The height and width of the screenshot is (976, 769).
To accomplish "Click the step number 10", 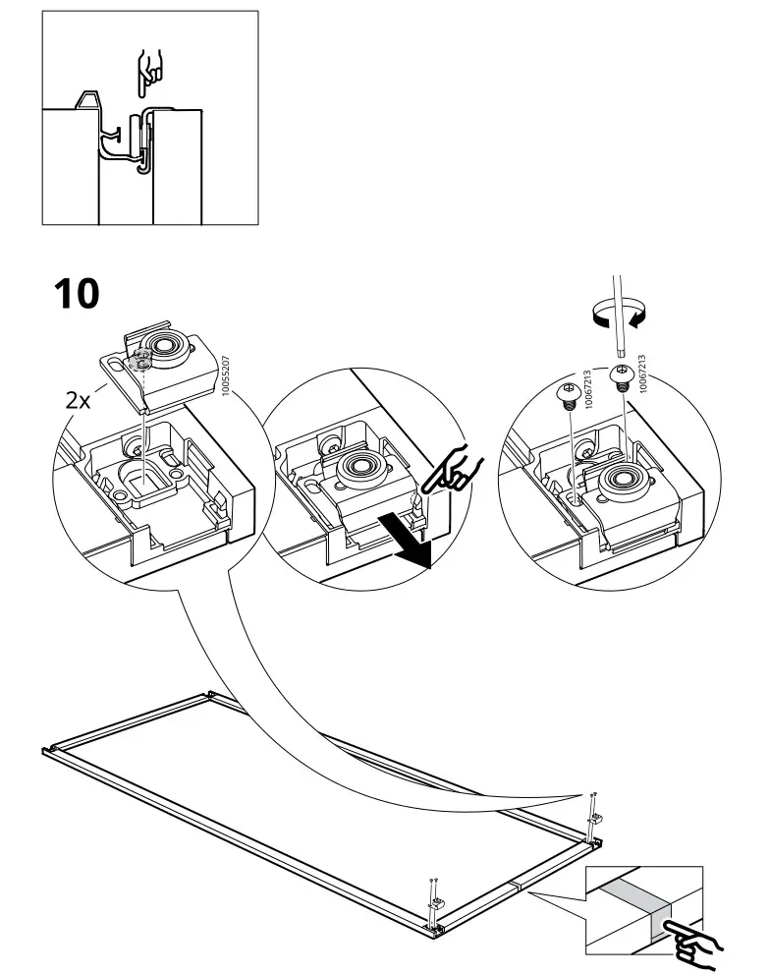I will tap(76, 292).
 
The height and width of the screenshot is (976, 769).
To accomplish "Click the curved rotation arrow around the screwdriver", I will tap(615, 316).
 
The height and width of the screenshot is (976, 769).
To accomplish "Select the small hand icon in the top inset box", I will tap(149, 71).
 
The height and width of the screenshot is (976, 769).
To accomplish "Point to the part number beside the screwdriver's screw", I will tap(641, 374).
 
